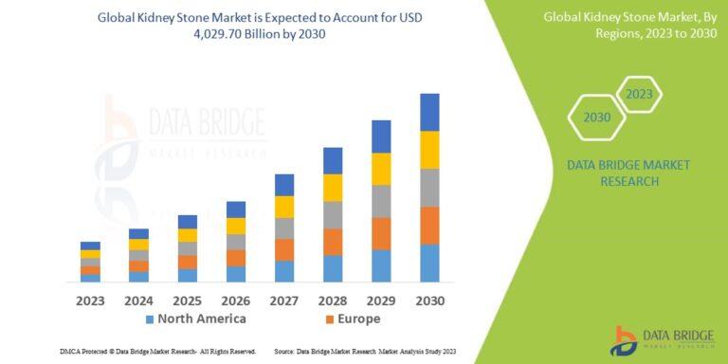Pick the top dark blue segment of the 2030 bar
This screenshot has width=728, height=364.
click(429, 112)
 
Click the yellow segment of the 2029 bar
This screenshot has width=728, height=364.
click(381, 169)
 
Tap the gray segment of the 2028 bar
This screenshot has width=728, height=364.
click(333, 215)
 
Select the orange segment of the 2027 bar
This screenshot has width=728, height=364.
click(284, 249)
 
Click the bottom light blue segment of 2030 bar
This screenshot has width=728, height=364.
click(429, 263)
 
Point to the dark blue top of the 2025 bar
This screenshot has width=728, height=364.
click(188, 222)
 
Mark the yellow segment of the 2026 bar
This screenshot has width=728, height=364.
click(236, 226)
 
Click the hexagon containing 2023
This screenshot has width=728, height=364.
click(639, 94)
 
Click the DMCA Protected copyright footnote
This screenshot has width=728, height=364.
click(157, 352)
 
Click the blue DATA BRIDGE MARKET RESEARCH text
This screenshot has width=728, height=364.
click(628, 173)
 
